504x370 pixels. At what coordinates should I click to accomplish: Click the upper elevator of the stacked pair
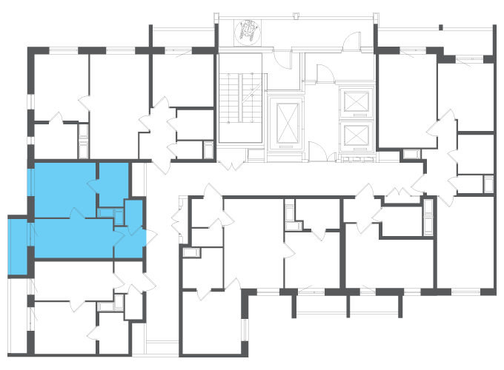(355, 101)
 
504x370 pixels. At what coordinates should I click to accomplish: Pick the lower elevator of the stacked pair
(355, 136)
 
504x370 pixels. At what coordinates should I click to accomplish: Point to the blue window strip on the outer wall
(30, 182)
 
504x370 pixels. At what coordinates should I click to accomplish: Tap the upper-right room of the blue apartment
(113, 184)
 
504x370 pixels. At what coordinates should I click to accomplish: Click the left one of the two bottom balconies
(320, 304)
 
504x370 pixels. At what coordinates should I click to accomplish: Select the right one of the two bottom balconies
(375, 304)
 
